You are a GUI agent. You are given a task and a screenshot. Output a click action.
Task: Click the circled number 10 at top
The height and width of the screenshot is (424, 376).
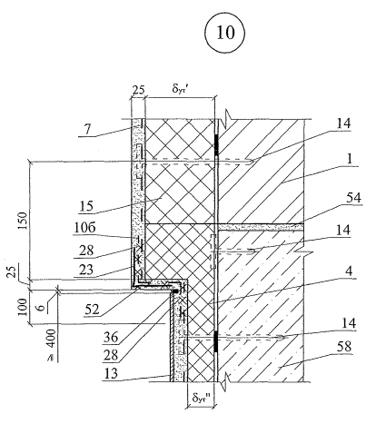click(225, 33)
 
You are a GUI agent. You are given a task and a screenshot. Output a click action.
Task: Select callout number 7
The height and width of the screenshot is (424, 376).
click(87, 129)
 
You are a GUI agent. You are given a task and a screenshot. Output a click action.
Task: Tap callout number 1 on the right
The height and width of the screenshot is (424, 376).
click(350, 159)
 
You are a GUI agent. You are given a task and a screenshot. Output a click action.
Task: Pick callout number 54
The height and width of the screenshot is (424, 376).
click(353, 198)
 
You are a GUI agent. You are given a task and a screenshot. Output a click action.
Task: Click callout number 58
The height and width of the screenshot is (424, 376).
click(343, 346)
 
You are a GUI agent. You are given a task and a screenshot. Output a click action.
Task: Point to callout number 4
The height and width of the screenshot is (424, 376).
click(349, 271)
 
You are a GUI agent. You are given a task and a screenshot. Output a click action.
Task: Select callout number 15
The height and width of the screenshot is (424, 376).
click(86, 206)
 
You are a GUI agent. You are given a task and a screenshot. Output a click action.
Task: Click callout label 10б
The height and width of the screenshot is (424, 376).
click(85, 228)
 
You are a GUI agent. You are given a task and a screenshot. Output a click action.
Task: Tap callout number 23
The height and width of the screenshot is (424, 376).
click(86, 269)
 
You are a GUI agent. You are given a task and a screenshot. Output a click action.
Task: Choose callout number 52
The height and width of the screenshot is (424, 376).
click(92, 309)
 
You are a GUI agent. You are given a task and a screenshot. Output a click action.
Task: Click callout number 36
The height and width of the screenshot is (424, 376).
click(111, 337)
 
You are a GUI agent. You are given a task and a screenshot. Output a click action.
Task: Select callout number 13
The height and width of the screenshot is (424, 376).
click(111, 373)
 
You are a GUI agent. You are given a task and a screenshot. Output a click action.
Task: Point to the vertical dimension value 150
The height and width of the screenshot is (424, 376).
click(23, 221)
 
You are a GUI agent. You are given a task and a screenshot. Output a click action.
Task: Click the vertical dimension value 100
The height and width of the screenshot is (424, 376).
click(23, 307)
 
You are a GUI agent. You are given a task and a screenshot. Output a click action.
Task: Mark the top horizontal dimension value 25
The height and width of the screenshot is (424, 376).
click(138, 90)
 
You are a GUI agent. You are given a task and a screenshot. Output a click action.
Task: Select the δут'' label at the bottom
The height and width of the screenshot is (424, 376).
click(202, 398)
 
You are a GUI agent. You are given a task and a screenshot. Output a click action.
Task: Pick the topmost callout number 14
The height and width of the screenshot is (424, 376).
click(344, 123)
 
